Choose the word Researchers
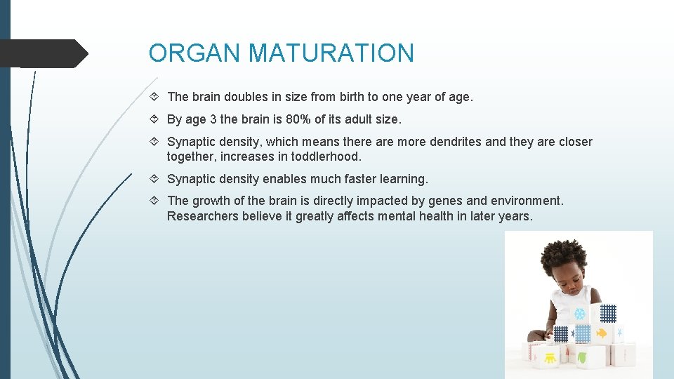[203, 216]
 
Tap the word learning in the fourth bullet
[402, 179]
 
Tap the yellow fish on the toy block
[602, 333]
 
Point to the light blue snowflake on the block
[580, 313]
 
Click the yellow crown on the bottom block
[550, 358]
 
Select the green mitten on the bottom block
[582, 359]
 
